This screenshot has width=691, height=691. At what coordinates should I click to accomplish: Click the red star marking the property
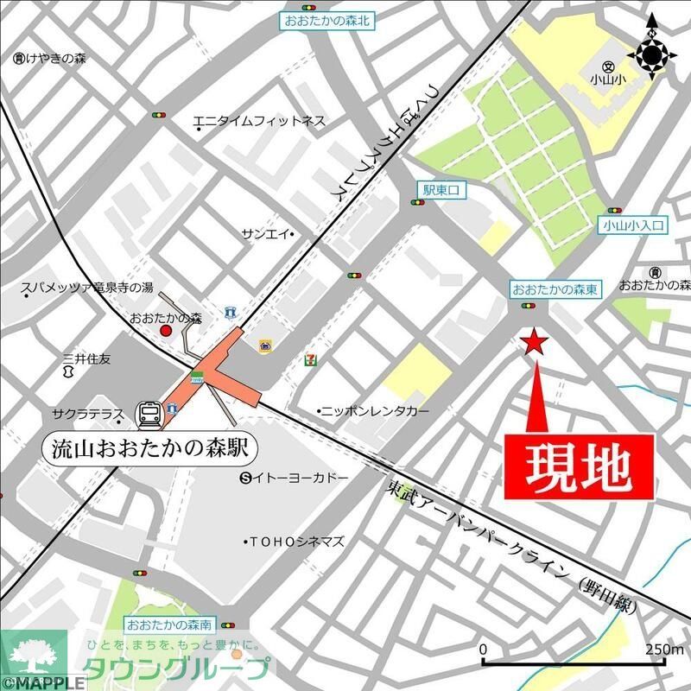tap(535, 343)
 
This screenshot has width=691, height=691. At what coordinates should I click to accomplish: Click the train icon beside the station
tap(149, 415)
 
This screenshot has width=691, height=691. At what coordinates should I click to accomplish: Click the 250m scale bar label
tap(664, 649)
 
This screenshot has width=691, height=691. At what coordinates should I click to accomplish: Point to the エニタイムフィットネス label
tap(259, 122)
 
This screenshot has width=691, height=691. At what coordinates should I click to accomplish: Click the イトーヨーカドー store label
tap(299, 478)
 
